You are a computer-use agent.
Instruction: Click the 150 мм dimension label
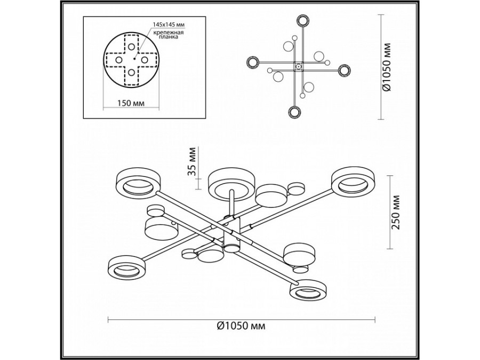pos(131,103)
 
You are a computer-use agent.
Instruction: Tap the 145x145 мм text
pos(169,25)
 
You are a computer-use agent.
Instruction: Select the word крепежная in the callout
pos(169,33)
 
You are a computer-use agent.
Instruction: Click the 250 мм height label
pos(397,212)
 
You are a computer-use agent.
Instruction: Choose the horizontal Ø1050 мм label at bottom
pos(241,326)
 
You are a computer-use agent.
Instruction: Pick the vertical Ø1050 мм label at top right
pos(387,67)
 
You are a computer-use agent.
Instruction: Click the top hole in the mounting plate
pos(132,47)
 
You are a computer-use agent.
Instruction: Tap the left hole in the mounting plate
pos(119,60)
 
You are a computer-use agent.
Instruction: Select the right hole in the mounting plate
pos(145,59)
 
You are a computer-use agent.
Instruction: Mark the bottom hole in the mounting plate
pos(132,73)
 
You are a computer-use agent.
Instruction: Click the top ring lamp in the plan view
pos(303,21)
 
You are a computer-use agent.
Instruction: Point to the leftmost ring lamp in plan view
pos(253,62)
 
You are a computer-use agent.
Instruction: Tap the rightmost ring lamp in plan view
pos(345,70)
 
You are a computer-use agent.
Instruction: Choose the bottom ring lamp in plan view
pos(294,112)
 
